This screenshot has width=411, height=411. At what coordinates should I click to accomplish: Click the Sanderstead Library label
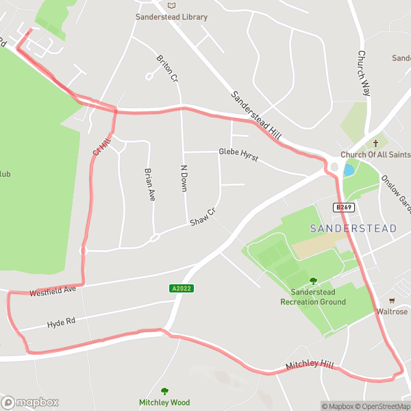point(171,17)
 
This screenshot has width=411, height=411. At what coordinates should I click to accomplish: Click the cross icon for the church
point(375,143)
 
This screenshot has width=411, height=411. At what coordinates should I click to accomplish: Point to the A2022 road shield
point(182,288)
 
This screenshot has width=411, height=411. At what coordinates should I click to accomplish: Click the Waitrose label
point(392,312)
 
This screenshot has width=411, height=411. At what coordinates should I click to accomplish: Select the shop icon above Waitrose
point(392,300)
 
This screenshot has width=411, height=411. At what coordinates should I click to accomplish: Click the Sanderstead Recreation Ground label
point(314,297)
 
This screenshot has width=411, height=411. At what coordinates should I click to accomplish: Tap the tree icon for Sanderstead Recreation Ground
point(314,280)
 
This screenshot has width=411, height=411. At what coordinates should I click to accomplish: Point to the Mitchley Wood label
point(164,403)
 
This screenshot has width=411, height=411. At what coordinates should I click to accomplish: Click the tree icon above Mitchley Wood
point(164,391)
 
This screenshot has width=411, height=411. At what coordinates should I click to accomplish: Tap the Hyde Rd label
point(60,323)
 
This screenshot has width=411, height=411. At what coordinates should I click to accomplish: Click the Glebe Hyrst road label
point(238,155)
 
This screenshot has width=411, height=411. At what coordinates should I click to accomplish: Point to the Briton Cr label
point(167,68)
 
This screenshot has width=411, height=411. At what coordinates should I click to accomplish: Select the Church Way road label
point(364,73)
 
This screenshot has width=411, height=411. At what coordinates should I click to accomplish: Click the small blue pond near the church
point(349,170)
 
